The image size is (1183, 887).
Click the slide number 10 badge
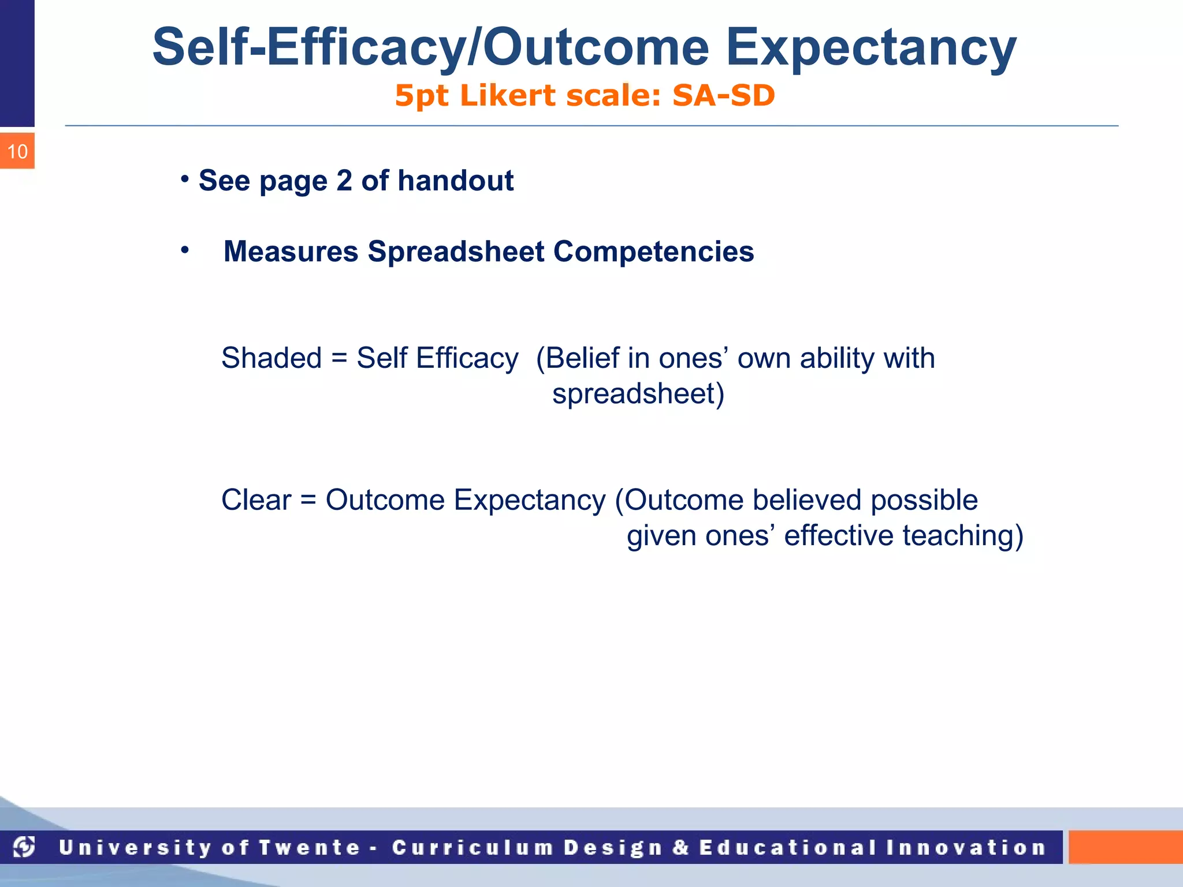point(17,151)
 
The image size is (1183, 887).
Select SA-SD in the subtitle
point(723,96)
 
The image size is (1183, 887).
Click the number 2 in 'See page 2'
point(344,181)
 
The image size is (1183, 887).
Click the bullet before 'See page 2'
point(185,179)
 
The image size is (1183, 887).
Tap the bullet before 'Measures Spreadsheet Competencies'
point(185,250)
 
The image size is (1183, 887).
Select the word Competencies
point(653,252)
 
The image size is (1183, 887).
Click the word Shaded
point(271,358)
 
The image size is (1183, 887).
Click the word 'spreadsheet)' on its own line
point(638,394)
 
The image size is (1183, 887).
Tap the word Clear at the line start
point(256,500)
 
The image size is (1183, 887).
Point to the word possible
point(924,500)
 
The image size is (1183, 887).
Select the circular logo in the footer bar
point(24,847)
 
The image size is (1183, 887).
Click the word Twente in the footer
point(310,848)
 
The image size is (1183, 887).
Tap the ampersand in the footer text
point(680,848)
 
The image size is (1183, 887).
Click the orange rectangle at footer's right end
point(1125,847)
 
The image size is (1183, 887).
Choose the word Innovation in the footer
point(966,848)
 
